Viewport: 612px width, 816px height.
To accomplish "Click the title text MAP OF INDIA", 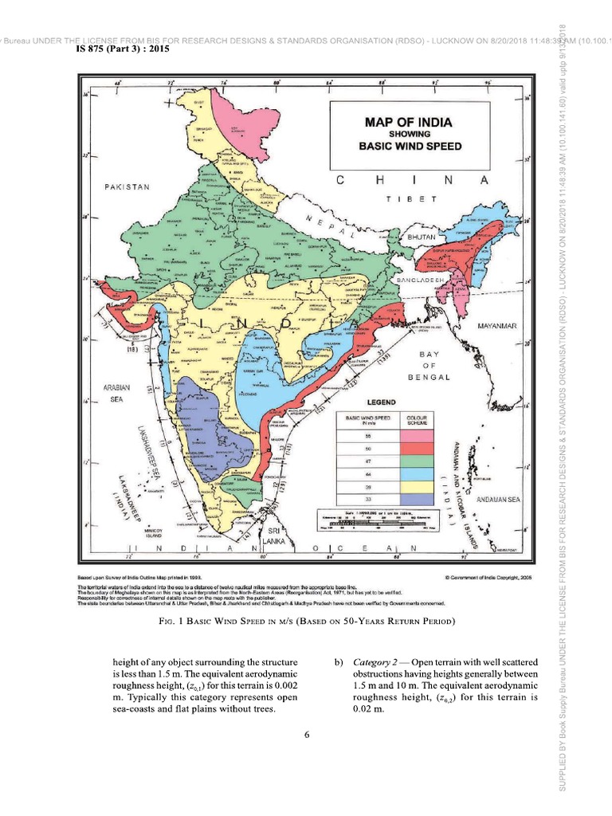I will (x=408, y=122).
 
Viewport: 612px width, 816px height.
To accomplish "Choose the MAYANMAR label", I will (x=497, y=326).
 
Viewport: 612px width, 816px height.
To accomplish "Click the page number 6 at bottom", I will (x=306, y=734).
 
